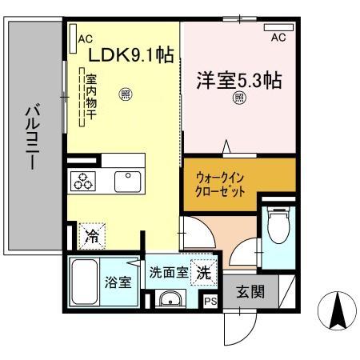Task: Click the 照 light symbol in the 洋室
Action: pos(239,98)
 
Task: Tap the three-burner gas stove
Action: pos(84,181)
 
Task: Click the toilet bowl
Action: pos(278,230)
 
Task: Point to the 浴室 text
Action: pos(119,283)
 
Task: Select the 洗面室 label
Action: pos(169,272)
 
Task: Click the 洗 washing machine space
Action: pos(205,272)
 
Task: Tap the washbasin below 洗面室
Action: pos(169,299)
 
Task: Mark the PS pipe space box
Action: pos(210,302)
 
